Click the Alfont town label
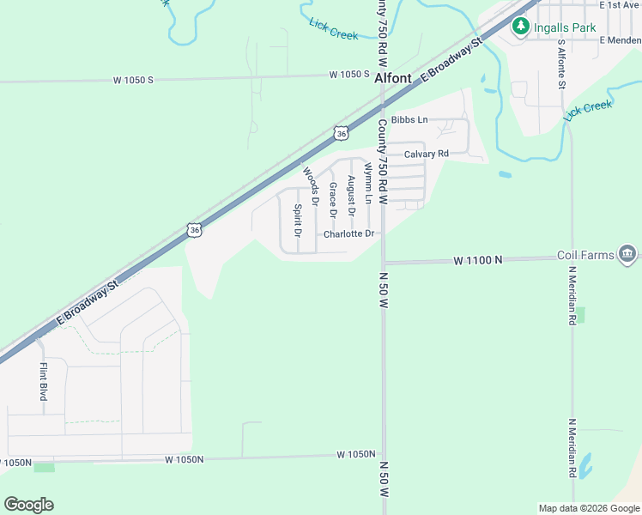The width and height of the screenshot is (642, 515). tap(394, 77)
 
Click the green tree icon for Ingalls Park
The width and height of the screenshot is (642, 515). tap(520, 27)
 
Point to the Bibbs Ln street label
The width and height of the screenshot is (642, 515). tap(409, 120)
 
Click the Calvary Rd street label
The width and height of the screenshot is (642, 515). tap(427, 154)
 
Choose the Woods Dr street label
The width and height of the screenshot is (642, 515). tap(310, 186)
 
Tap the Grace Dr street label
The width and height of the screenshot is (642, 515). tap(332, 199)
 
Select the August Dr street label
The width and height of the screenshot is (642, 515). tap(350, 196)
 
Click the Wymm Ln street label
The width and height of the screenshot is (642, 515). tap(367, 183)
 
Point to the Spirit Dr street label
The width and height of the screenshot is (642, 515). tap(298, 220)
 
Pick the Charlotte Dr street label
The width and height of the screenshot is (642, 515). tap(349, 233)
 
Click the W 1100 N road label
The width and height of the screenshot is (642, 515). tap(477, 259)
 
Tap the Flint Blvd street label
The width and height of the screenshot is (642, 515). tap(43, 382)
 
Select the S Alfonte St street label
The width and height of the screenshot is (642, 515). tap(561, 64)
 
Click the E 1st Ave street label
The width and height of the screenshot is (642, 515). tap(621, 5)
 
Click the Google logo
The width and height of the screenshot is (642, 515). tap(28, 504)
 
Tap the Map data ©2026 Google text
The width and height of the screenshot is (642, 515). tap(588, 508)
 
